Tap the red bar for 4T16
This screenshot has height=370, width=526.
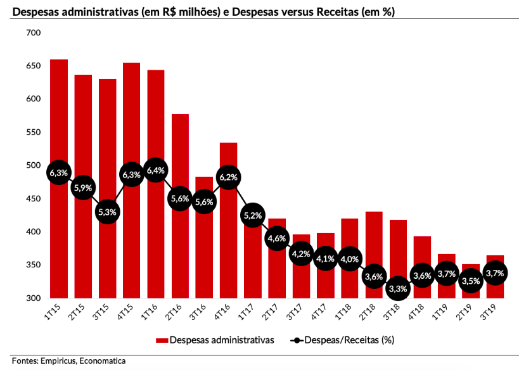point(228,253)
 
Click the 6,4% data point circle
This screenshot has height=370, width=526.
point(156,170)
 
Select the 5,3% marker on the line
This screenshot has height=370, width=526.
point(107,212)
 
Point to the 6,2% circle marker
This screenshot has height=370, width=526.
point(228,177)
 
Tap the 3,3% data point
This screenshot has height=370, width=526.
point(398,288)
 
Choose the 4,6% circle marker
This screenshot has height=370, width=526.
point(277,238)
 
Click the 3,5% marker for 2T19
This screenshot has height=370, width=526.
point(471,280)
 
